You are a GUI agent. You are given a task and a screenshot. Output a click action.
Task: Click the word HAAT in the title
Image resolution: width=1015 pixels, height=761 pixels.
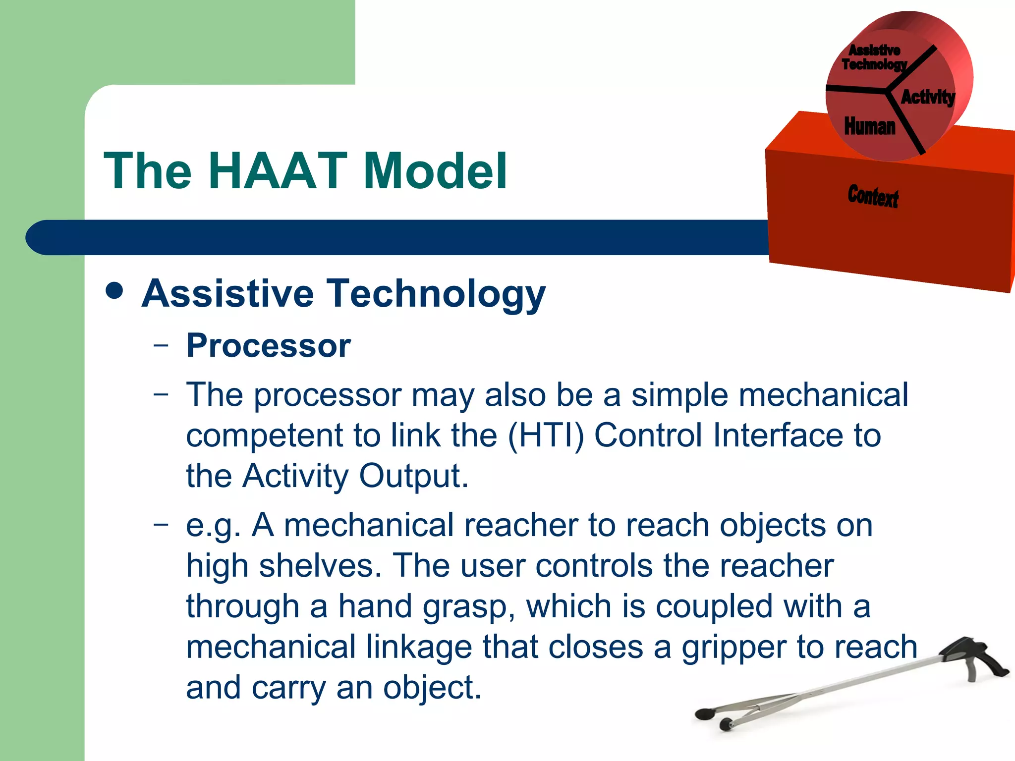click(x=278, y=171)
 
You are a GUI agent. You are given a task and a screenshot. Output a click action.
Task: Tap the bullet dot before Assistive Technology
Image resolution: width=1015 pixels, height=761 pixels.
click(x=114, y=291)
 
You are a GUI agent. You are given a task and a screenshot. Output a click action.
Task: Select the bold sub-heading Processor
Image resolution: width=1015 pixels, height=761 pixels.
click(x=268, y=345)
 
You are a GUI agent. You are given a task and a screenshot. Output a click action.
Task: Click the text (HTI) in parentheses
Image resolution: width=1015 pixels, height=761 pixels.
click(x=546, y=435)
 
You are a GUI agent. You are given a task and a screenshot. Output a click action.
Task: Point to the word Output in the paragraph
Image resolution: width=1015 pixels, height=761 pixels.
click(x=413, y=476)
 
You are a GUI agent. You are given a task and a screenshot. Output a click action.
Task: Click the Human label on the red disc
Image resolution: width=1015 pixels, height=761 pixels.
click(x=870, y=126)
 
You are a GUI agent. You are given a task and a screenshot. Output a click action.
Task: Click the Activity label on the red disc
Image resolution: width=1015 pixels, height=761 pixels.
click(x=927, y=97)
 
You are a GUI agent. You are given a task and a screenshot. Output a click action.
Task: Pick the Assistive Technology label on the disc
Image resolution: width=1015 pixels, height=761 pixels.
click(x=874, y=57)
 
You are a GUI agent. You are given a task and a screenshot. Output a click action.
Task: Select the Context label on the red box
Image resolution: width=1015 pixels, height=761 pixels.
click(x=873, y=196)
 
